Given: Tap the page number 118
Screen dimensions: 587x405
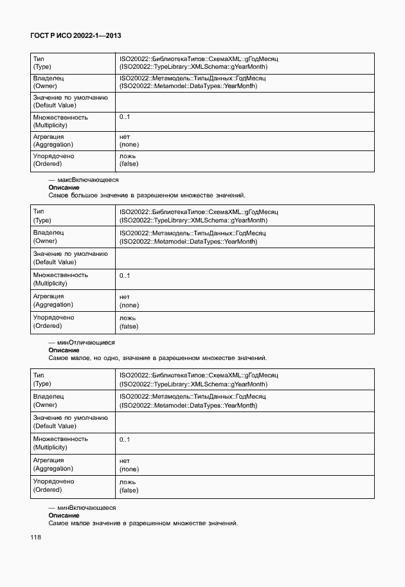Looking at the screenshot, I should (x=35, y=537).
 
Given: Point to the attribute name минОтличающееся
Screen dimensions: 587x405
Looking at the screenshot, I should (x=87, y=343).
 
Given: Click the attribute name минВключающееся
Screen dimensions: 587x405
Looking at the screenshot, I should (x=87, y=508).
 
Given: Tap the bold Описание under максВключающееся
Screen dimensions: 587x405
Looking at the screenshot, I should (x=64, y=188).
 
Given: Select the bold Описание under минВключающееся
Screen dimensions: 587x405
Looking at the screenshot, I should (x=64, y=516).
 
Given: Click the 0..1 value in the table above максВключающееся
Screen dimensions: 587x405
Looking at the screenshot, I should (x=125, y=118).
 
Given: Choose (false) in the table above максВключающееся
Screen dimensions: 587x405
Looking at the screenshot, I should (x=129, y=164).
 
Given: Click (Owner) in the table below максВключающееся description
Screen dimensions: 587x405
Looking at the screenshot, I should (x=45, y=241).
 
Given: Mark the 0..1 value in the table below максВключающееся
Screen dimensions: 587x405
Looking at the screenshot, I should (x=125, y=275).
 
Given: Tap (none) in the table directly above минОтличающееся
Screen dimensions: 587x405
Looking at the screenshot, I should (x=129, y=305).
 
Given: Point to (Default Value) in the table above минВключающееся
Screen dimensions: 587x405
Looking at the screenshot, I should (x=55, y=426).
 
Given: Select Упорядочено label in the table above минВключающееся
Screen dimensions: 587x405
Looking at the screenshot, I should (x=53, y=482).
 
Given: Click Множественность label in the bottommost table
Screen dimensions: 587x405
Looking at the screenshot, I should (x=60, y=439).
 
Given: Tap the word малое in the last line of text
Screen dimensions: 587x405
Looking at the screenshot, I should (x=79, y=523).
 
